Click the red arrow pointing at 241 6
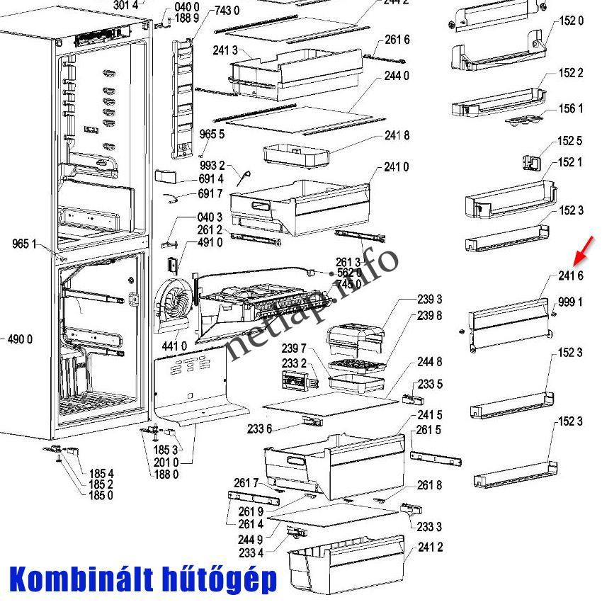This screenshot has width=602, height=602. pos(586,251)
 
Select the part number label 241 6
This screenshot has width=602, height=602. pos(570,276)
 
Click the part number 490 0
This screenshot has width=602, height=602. pos(20,340)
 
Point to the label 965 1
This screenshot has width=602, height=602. pos(25,244)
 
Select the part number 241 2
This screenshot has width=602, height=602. pos(430,547)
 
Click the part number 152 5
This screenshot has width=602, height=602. pos(570,141)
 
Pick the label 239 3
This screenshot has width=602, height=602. pos(429,300)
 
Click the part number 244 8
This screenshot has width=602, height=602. pos(429,362)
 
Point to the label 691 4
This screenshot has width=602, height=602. pos(210,179)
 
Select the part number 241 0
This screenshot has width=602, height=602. pos(397,167)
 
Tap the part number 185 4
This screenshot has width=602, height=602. pos(101,473)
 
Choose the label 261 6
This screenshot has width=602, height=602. pos(397,40)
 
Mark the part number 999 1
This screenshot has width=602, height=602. pos(570,302)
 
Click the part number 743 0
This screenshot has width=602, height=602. pos(227,11)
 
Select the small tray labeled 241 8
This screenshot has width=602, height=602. pos(296,154)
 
